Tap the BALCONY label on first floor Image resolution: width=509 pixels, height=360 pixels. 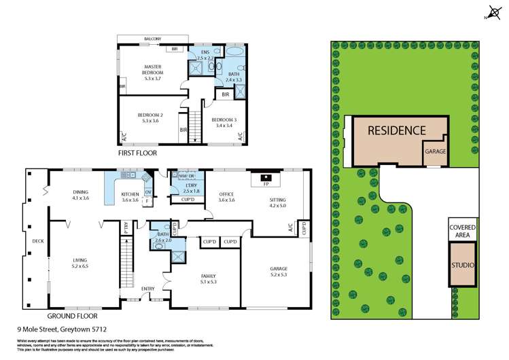pos(152,39)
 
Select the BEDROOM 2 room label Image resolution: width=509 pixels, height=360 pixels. pos(146,117)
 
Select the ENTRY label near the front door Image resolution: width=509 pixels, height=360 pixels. pos(147,289)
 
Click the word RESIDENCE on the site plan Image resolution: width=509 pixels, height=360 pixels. pos(397,130)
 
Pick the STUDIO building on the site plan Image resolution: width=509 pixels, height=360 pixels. pos(461,265)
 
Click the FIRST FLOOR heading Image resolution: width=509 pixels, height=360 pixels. pos(137,154)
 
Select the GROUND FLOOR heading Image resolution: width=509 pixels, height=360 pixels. pos(72,316)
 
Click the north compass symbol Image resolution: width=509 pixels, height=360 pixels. pos(492,12)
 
